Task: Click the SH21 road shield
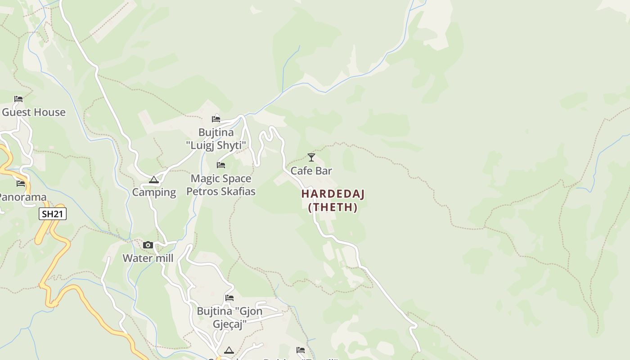(x=53, y=214)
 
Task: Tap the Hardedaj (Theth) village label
(x=333, y=200)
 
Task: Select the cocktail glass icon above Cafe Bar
(x=311, y=157)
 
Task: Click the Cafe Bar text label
(x=311, y=171)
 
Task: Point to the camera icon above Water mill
(x=148, y=245)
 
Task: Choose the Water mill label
(x=148, y=258)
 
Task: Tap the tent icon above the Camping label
(x=154, y=180)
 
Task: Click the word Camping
(x=154, y=192)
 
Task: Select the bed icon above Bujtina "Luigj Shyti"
(x=216, y=119)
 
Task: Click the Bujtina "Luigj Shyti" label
(x=216, y=139)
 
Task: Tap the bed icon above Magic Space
(x=221, y=165)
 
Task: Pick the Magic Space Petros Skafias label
(x=221, y=185)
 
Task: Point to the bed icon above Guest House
(x=18, y=99)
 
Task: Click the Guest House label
(x=34, y=112)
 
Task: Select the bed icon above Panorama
(x=21, y=184)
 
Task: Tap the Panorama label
(x=22, y=197)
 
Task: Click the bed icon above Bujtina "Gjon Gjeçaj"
(x=229, y=298)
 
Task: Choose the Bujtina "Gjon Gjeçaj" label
(x=229, y=317)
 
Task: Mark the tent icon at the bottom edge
(x=229, y=350)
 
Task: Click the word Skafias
(x=237, y=191)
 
